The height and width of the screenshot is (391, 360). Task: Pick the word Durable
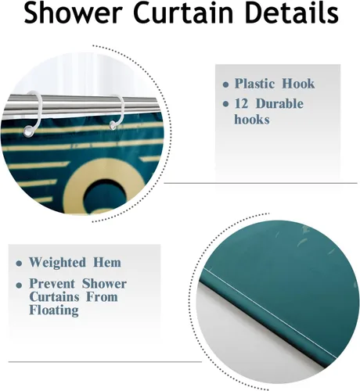click(x=281, y=104)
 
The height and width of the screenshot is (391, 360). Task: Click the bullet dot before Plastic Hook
click(x=227, y=84)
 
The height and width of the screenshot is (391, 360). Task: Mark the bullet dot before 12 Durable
click(x=227, y=105)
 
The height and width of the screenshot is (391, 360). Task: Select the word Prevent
click(x=55, y=283)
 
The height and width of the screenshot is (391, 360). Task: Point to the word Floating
click(x=54, y=310)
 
